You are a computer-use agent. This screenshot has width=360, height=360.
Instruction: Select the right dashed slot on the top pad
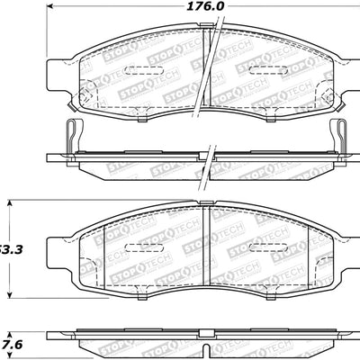pyautogui.click(x=269, y=70)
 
